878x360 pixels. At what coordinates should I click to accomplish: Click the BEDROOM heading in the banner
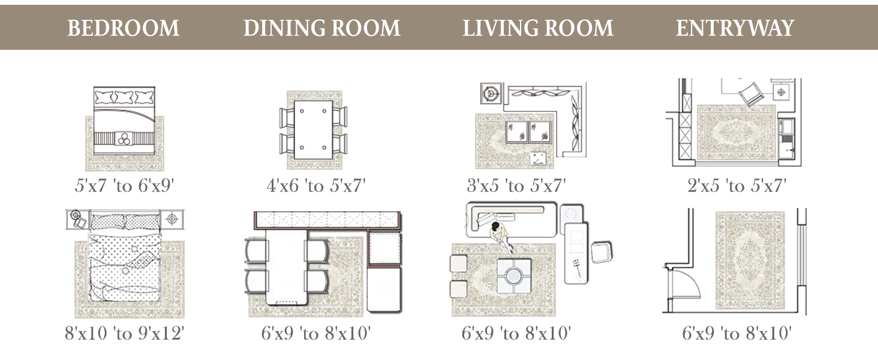click(x=123, y=28)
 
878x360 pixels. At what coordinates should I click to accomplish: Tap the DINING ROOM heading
click(x=322, y=28)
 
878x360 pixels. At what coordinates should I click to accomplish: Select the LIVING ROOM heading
click(x=538, y=28)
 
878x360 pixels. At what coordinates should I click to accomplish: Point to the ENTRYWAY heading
click(x=735, y=28)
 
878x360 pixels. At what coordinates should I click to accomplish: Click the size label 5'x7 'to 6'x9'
click(x=124, y=185)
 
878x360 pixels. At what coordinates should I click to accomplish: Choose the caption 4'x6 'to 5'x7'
click(x=316, y=185)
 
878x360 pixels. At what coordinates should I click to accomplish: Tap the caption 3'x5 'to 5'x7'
click(x=516, y=185)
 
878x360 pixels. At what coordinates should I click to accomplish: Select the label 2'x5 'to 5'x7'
click(x=737, y=185)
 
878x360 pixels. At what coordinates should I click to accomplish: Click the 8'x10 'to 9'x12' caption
click(x=124, y=334)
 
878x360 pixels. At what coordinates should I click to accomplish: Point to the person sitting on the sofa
click(x=501, y=236)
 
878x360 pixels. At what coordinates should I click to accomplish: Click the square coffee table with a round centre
click(x=514, y=276)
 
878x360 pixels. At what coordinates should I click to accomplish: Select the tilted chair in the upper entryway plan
click(x=751, y=94)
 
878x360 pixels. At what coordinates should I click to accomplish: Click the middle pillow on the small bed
click(x=124, y=97)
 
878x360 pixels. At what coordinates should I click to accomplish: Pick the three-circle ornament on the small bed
click(x=124, y=139)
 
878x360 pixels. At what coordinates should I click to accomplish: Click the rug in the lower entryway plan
click(x=750, y=260)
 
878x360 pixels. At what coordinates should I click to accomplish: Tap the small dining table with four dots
click(x=313, y=130)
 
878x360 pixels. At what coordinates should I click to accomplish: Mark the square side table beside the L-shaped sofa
click(x=491, y=94)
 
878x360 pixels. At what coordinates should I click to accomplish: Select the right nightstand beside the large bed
click(x=172, y=219)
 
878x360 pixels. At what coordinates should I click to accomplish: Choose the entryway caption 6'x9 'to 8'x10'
click(x=737, y=334)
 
